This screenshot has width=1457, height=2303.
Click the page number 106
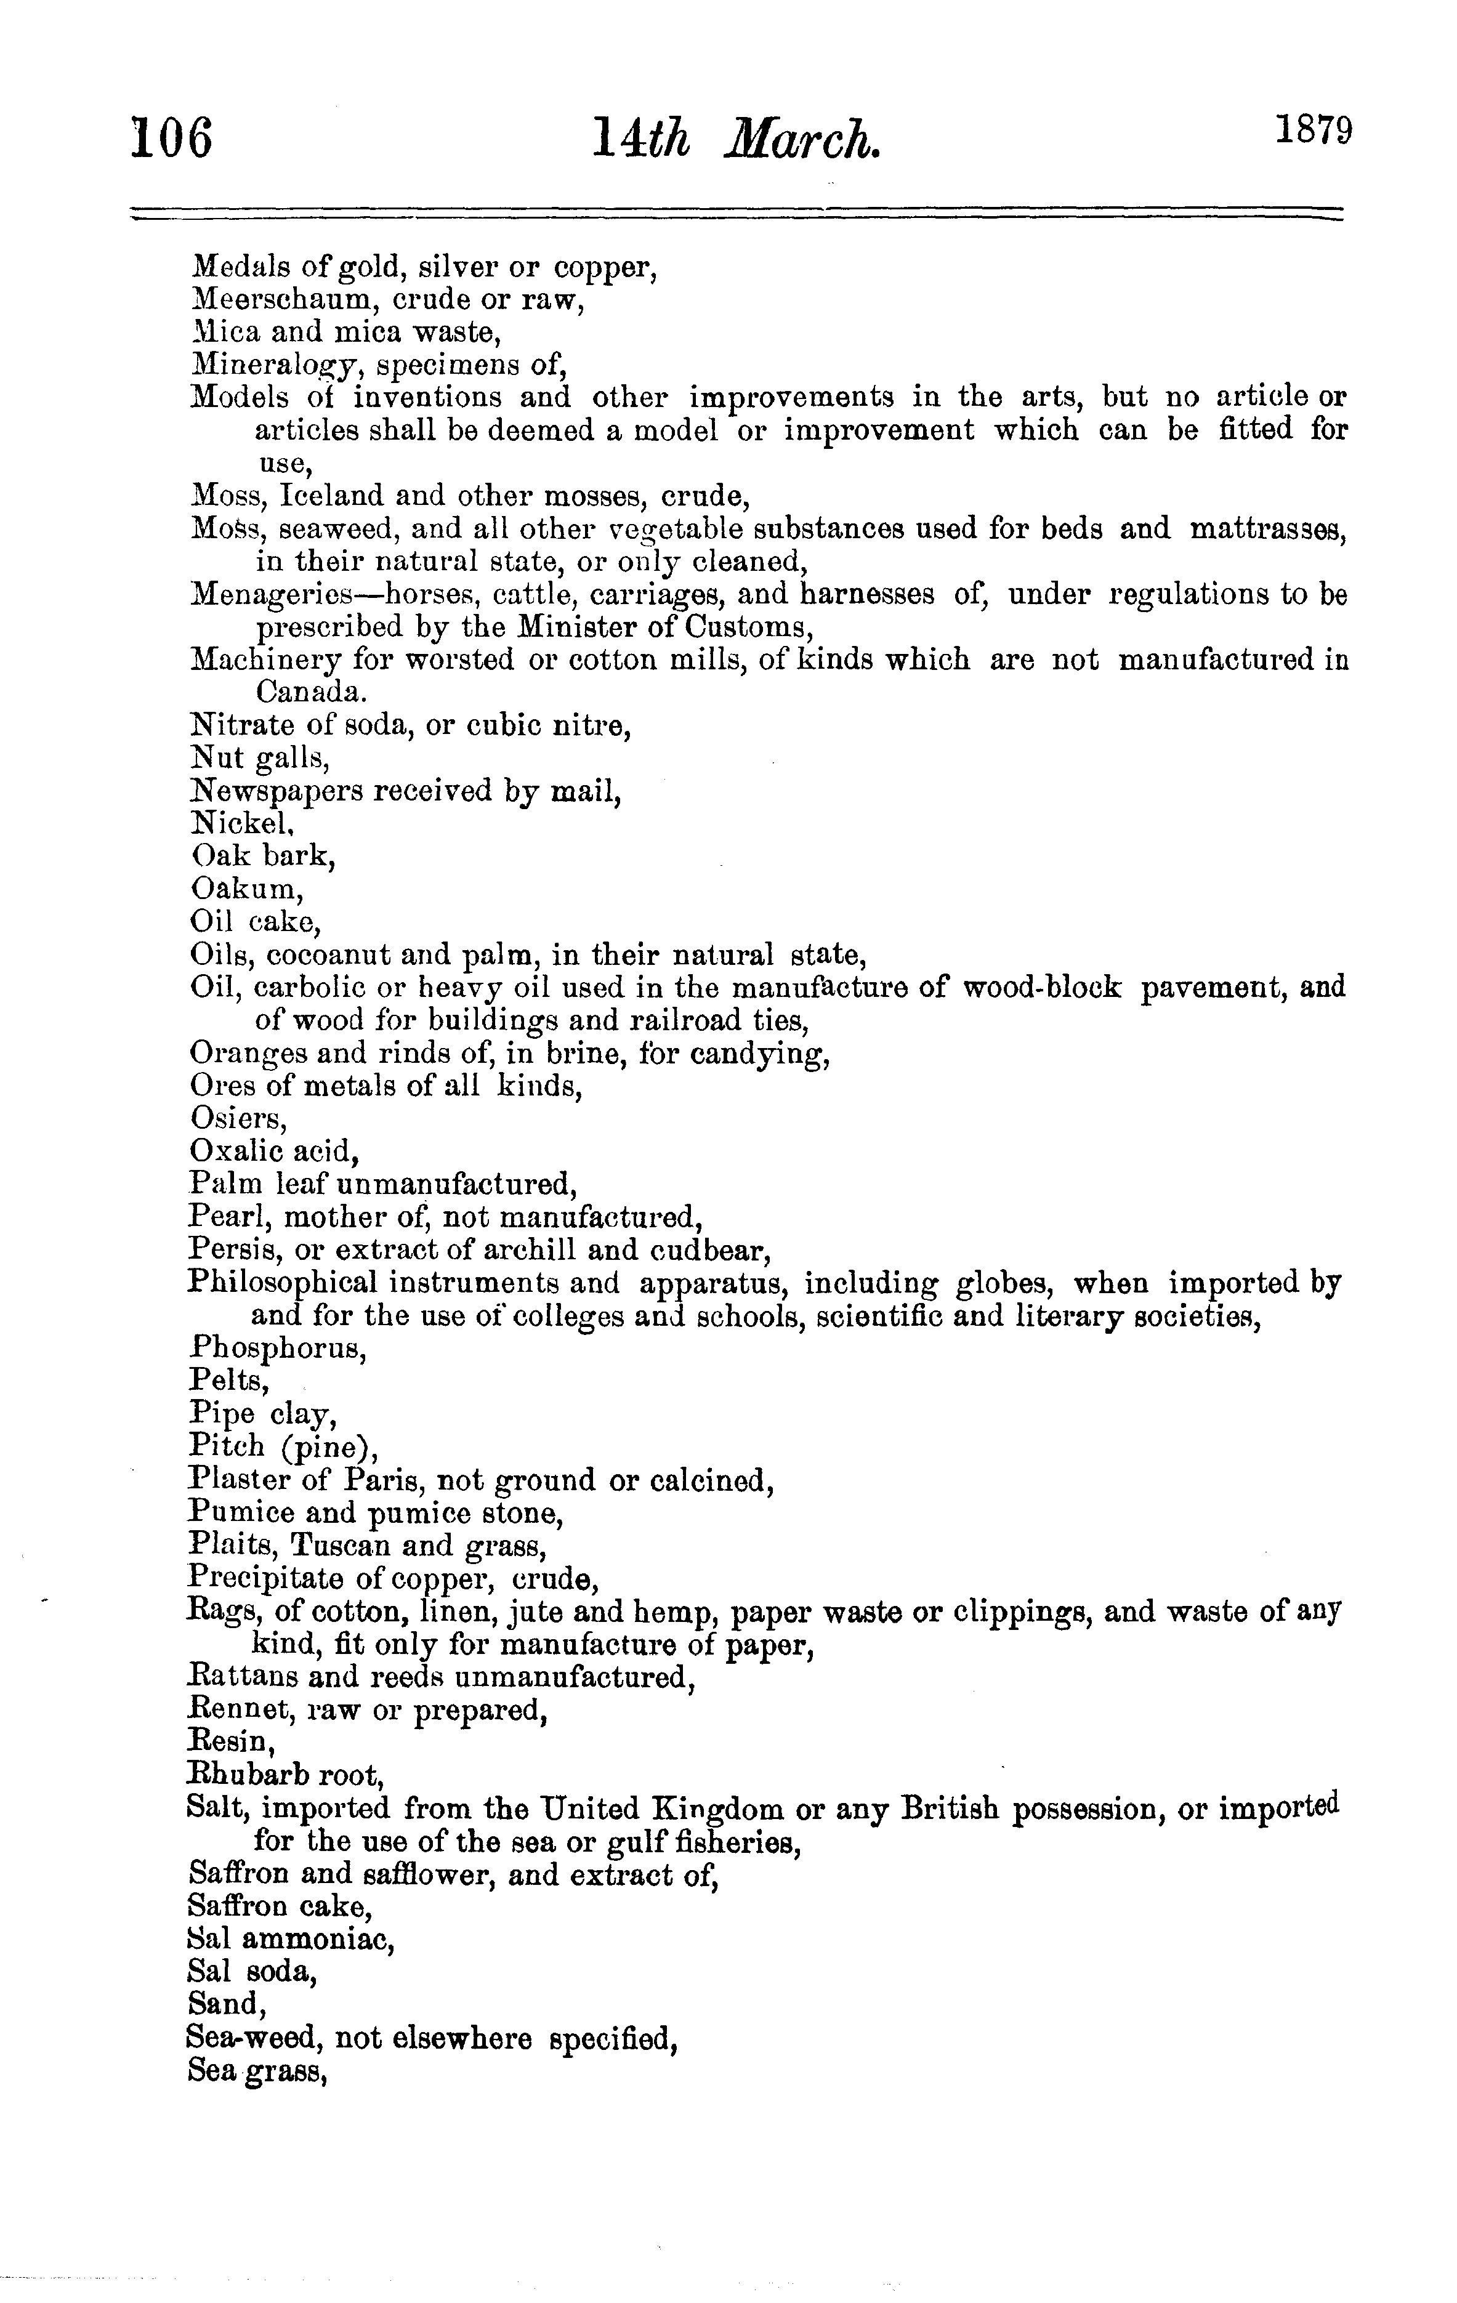coord(172,138)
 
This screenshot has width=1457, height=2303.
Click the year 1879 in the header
coord(1312,129)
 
